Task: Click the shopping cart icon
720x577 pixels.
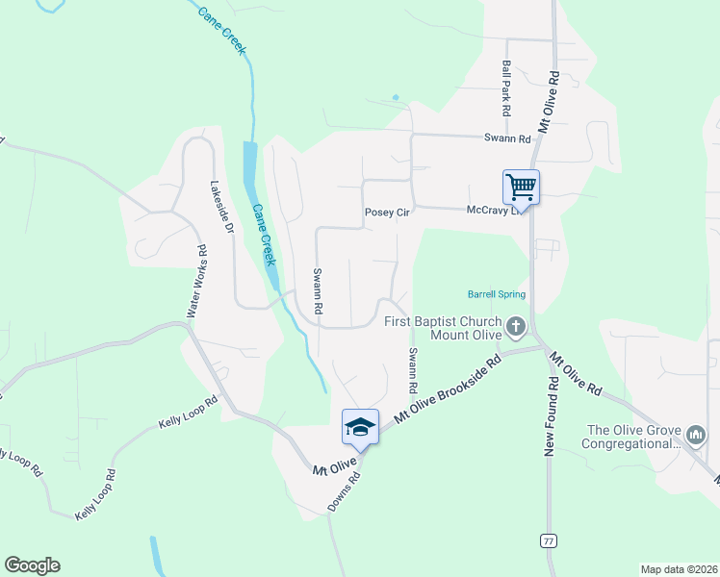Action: [x=521, y=186]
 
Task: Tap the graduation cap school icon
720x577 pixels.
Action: [x=360, y=427]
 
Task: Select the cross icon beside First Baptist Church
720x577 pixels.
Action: [x=517, y=328]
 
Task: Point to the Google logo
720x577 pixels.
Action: [x=32, y=565]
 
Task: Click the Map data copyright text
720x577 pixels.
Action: [x=679, y=569]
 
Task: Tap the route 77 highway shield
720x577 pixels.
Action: [x=548, y=540]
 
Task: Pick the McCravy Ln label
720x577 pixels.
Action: [x=493, y=210]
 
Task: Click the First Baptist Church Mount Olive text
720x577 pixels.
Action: [x=444, y=328]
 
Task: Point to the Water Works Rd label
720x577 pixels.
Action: [x=195, y=282]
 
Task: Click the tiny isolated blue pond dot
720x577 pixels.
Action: [x=396, y=97]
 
